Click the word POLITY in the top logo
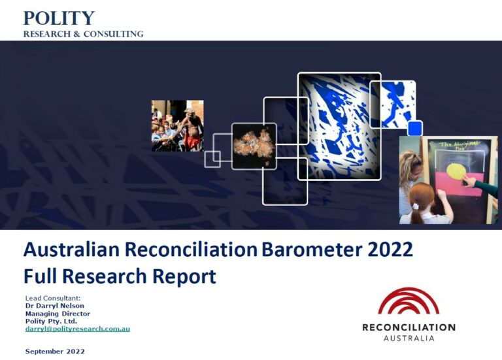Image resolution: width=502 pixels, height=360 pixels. pos(59,18)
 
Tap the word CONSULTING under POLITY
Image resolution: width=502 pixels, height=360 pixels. pos(113,34)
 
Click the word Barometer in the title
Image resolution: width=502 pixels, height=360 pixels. pos(312,250)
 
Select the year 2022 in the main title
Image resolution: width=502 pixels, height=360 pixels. pos(390,250)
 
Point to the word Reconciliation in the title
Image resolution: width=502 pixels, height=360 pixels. pos(191,250)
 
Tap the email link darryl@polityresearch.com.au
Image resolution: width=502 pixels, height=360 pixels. pos(78,329)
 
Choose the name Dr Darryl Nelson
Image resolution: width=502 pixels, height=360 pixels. pos(55,306)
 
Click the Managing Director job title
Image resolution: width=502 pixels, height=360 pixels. pos(58,314)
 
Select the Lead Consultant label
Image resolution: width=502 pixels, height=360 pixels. pos(53,298)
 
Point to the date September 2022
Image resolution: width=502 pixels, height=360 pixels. pos(55,352)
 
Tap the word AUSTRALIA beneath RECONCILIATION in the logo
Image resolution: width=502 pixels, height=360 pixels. pos(409,338)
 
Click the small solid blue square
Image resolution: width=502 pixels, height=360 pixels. pos(415,128)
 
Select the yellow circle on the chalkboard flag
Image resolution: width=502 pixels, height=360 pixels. pos(456,172)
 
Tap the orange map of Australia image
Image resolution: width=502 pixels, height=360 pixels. pos(254,146)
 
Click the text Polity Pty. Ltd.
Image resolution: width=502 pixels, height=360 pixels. pos(51,321)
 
